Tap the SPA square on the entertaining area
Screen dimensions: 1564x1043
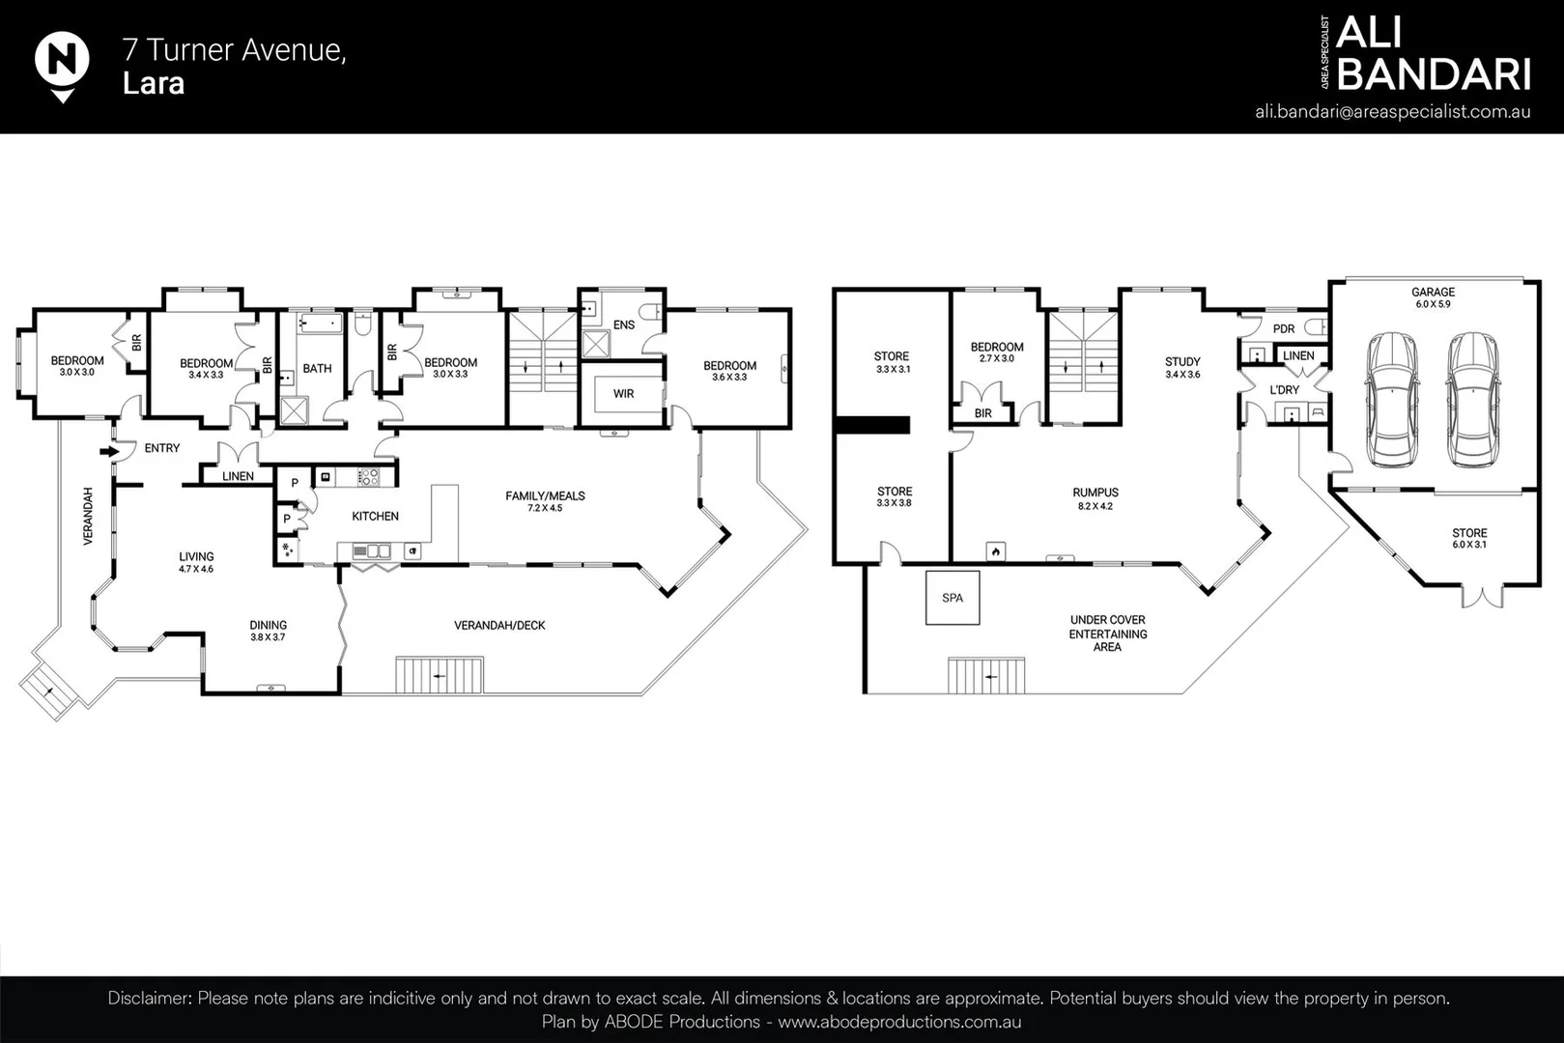953,598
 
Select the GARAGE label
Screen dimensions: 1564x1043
1433,292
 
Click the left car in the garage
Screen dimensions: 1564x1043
1392,399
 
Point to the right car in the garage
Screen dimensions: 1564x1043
1473,399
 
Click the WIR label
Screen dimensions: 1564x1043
623,394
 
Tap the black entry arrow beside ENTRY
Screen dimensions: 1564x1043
109,452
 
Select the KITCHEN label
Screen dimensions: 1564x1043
375,516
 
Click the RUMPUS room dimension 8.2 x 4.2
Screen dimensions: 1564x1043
1095,506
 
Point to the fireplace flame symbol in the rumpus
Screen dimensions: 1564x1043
996,551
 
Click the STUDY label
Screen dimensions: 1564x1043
1182,361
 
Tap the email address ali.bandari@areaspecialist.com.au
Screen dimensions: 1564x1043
1393,112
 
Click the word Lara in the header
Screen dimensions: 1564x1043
154,84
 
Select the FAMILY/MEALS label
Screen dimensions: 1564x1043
545,495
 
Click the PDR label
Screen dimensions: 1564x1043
1284,328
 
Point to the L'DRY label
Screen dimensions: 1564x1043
1285,389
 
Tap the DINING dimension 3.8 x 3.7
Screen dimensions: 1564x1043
269,637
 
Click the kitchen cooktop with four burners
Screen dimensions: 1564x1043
368,477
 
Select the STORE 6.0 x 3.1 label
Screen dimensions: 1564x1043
1469,538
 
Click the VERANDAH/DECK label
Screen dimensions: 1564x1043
499,626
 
